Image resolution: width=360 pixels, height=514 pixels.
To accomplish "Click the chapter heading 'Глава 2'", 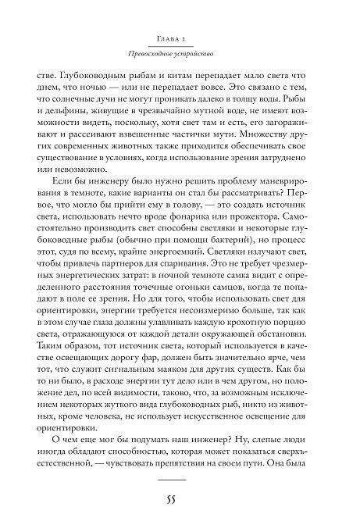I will click(x=179, y=37).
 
